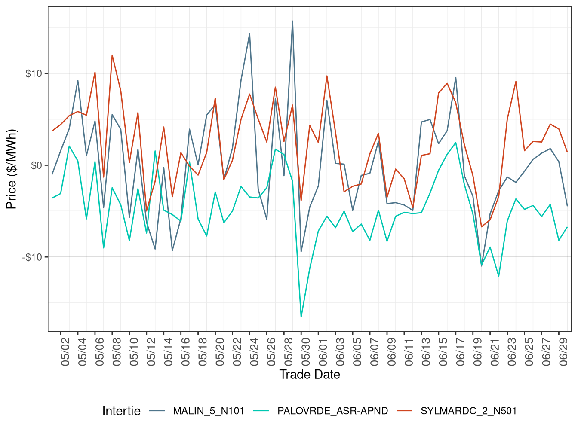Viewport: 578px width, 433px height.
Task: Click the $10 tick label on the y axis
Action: tap(34, 73)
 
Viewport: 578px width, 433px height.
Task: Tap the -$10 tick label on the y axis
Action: tap(32, 257)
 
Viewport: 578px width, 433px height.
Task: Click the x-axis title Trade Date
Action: tap(310, 375)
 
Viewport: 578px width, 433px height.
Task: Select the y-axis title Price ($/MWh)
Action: tap(12, 169)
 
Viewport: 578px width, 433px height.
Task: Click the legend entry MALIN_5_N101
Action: tap(208, 411)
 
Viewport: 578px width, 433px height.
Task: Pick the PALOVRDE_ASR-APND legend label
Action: tap(332, 411)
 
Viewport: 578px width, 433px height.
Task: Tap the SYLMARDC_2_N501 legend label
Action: tap(468, 411)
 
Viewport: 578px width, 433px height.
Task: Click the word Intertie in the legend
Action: tap(121, 411)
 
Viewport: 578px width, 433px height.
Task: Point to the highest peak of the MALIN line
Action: tap(292, 21)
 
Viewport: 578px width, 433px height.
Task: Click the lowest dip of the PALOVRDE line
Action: tap(301, 317)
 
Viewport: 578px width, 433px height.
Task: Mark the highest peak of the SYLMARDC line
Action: tap(112, 55)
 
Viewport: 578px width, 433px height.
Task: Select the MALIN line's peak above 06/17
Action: tap(455, 77)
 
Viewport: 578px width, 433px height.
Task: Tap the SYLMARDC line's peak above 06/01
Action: tap(327, 76)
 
